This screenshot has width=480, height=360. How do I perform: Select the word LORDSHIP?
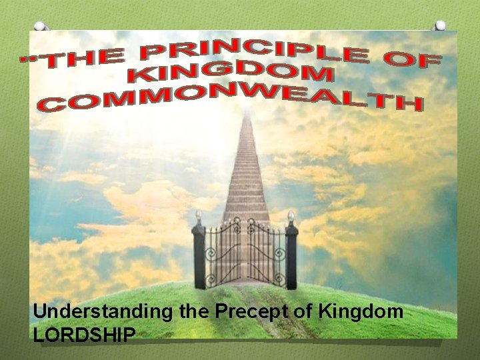click(85, 335)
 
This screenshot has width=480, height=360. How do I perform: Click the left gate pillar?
click(199, 257)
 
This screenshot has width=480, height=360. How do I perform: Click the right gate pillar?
click(291, 257)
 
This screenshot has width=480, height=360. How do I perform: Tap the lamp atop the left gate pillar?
click(198, 216)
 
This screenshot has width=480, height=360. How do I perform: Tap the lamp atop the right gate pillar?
click(290, 216)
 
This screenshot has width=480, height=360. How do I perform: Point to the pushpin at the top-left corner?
click(41, 27)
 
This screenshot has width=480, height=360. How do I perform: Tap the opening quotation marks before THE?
click(28, 61)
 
